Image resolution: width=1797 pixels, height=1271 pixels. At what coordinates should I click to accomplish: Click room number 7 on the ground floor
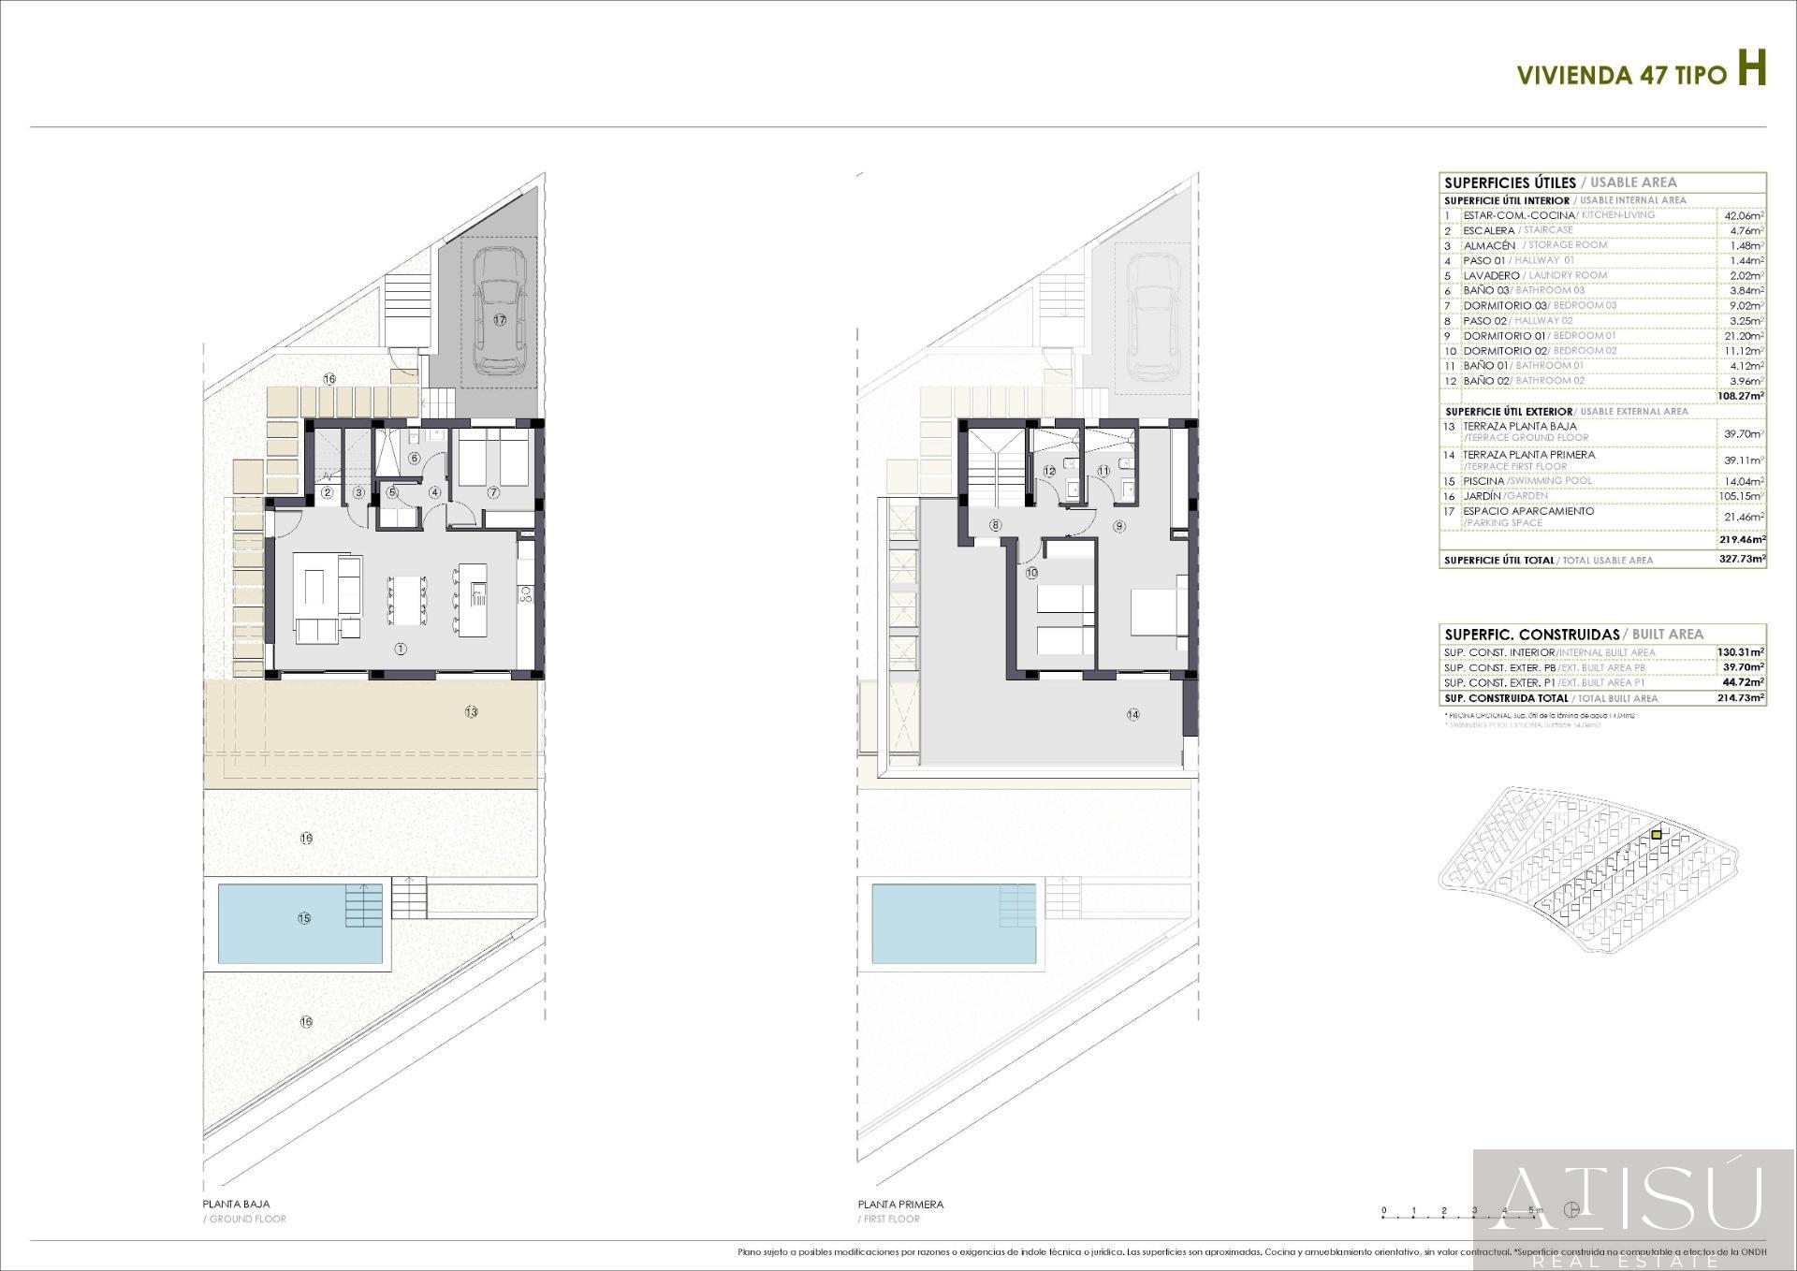(493, 492)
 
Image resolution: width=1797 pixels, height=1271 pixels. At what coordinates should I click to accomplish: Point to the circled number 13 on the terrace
(471, 712)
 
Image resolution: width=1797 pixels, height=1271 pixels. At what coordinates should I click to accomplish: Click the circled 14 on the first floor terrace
(1133, 715)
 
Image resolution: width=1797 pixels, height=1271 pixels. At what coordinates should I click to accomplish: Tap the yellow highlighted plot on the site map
(1657, 834)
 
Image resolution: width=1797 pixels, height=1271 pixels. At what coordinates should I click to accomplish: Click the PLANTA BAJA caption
(236, 1205)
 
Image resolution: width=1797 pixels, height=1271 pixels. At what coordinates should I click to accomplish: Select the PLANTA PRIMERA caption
(900, 1205)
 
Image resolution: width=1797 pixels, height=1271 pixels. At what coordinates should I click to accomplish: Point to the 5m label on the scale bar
(1536, 1211)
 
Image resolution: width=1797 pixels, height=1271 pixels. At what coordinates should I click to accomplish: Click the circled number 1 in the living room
(401, 649)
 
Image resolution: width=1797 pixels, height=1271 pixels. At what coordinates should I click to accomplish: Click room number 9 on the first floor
(1119, 527)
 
